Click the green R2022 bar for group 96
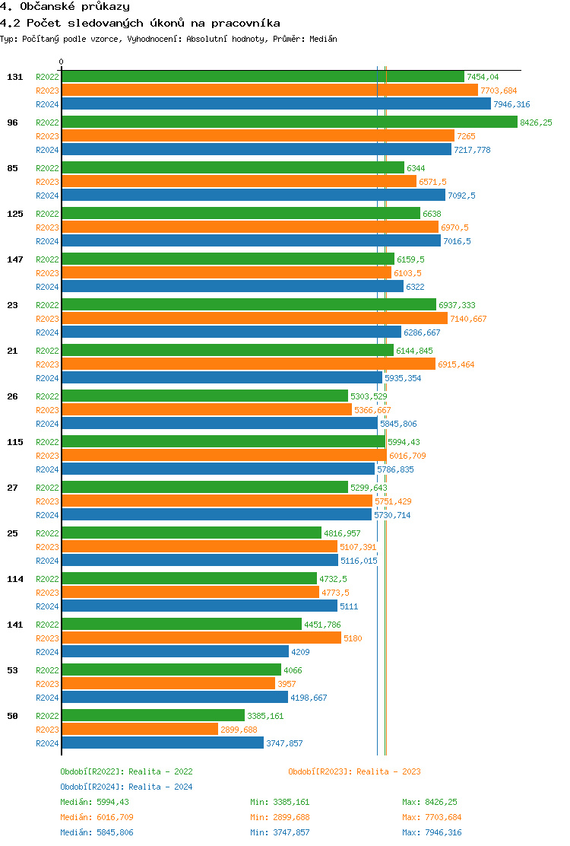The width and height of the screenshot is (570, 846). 289,122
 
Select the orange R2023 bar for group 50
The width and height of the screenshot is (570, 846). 140,730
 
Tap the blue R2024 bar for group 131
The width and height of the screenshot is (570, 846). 276,104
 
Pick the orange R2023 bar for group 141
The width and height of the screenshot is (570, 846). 201,638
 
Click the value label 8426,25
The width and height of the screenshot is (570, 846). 536,122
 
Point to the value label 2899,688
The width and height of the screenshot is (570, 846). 239,730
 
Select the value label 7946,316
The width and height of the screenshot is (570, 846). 511,104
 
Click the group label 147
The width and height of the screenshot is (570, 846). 15,259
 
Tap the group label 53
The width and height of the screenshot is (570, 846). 13,670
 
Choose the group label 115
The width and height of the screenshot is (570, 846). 15,442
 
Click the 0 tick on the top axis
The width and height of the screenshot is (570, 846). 62,62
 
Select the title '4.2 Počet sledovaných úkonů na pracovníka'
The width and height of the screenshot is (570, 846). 140,24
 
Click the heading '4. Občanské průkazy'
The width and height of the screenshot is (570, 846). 65,7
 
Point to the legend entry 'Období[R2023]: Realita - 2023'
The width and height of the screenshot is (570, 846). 354,771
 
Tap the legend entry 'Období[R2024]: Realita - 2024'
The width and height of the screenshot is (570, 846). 126,787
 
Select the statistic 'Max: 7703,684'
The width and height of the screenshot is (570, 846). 432,817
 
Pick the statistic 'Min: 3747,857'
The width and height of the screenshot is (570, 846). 280,832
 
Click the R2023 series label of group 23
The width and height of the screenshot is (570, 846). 47,319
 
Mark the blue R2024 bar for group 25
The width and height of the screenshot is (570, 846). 199,561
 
